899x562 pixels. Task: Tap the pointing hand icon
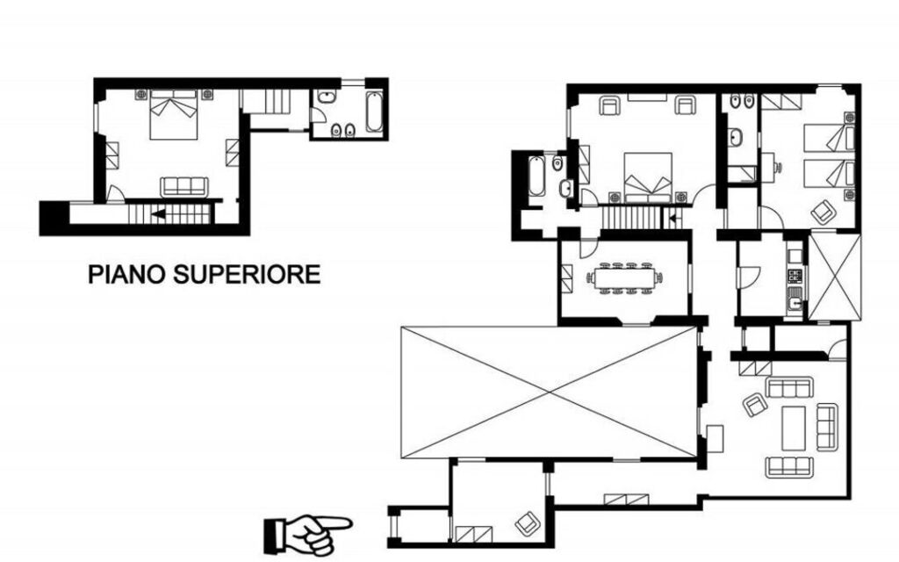tap(308, 531)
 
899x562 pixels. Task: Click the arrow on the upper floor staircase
tap(157, 213)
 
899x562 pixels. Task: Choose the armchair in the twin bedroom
tap(823, 211)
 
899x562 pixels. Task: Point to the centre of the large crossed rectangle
tap(550, 393)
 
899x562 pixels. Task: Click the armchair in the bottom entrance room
tap(526, 522)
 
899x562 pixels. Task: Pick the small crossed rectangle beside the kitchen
tap(834, 275)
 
